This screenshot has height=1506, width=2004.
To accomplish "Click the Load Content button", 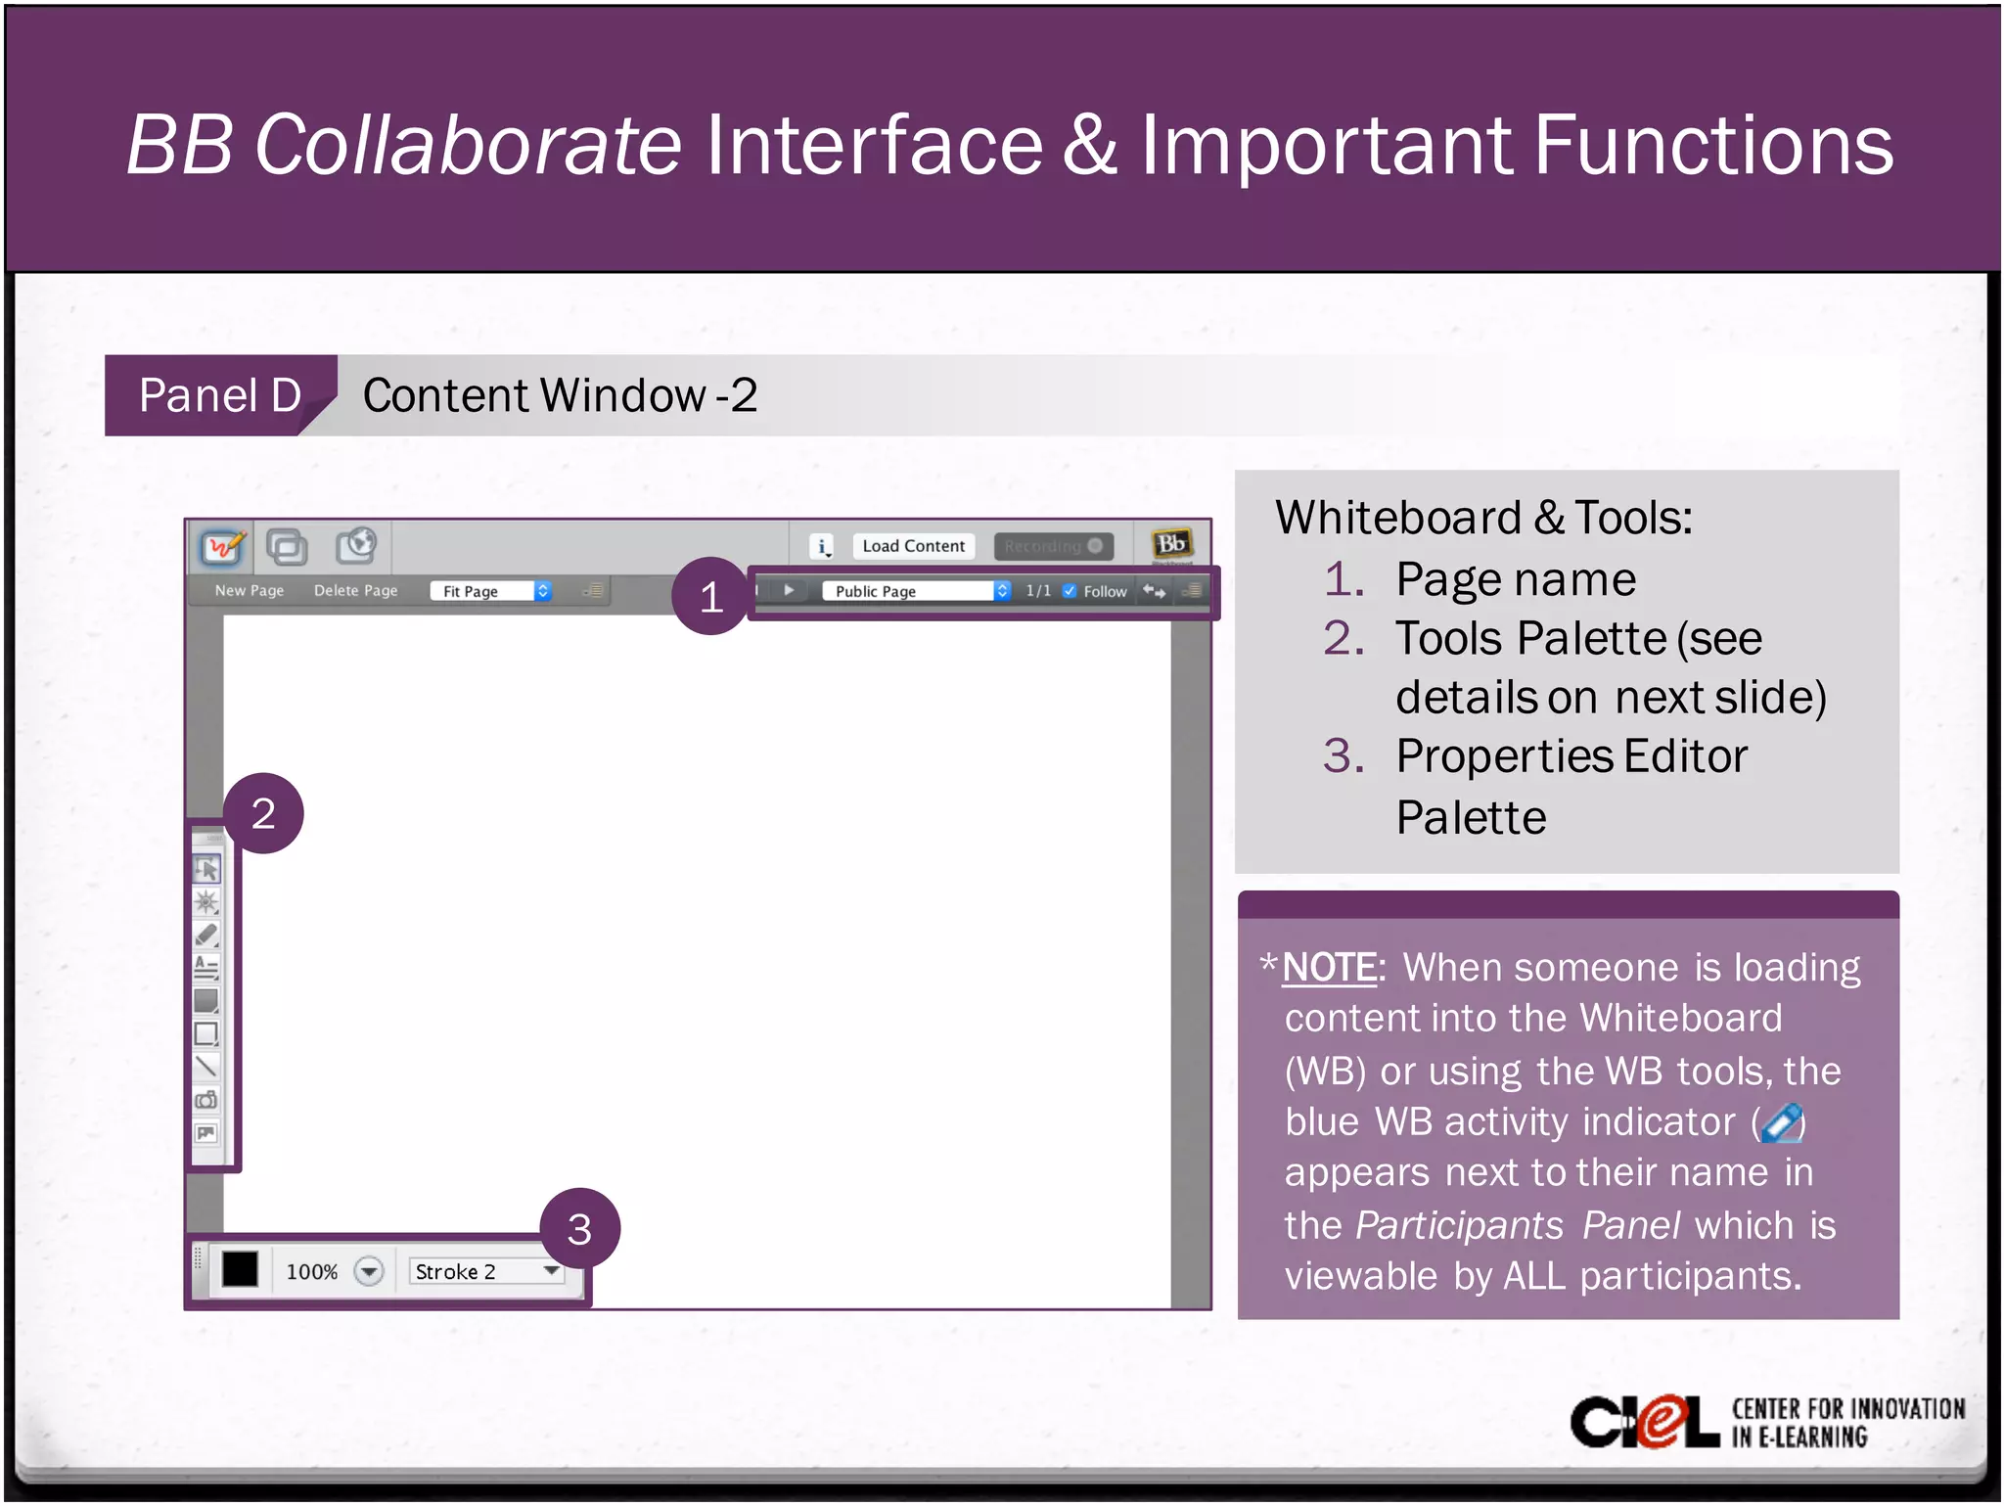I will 913,546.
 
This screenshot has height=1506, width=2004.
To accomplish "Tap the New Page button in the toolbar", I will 250,591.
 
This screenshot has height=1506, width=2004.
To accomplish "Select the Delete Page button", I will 355,591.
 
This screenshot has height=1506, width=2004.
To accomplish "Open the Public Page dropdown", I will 916,591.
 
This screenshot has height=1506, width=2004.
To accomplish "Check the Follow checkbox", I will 1070,591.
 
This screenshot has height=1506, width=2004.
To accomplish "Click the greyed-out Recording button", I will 1053,546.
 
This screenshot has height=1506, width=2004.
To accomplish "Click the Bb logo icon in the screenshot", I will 1171,544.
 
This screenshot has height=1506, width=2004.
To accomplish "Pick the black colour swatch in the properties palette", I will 240,1270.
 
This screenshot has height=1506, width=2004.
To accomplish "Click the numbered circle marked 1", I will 711,597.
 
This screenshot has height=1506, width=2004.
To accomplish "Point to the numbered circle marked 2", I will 263,813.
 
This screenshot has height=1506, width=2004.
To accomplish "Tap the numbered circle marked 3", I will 579,1229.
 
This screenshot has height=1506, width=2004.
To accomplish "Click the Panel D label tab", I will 220,395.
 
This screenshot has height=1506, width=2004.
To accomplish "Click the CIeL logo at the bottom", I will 1644,1422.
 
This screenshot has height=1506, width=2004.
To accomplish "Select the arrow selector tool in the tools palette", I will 206,869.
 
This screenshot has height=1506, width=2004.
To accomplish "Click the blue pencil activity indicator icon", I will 1782,1122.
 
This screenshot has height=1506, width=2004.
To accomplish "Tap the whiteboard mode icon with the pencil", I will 222,546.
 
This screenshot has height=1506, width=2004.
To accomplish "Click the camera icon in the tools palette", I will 206,1100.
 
